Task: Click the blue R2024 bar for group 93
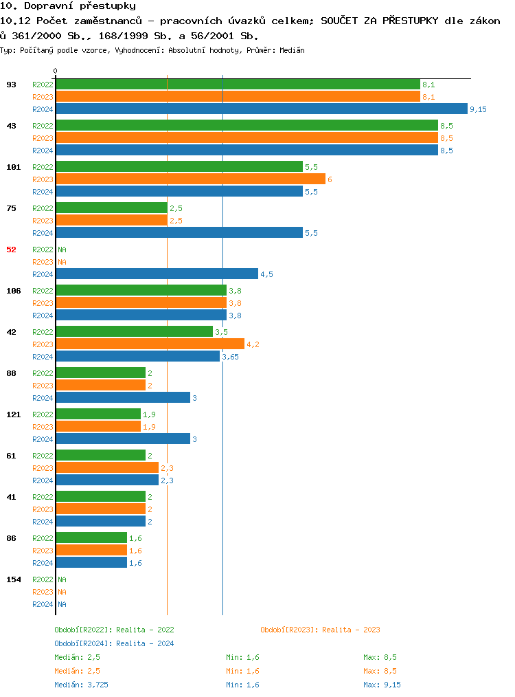[x=261, y=109]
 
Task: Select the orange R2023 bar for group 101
[x=190, y=179]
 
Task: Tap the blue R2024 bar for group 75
[x=179, y=232]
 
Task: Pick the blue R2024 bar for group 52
[x=157, y=274]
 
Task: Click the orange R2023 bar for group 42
[x=150, y=344]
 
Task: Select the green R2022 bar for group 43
[x=247, y=125]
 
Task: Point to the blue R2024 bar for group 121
[x=123, y=439]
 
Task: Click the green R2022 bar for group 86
[x=91, y=538]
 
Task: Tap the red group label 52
[x=11, y=250]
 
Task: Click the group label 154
[x=14, y=579]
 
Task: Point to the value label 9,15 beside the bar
[x=478, y=109]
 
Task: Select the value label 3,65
[x=230, y=357]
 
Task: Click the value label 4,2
[x=253, y=344]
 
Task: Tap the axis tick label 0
[x=56, y=71]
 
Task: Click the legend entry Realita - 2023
[x=320, y=630]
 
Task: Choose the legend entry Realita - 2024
[x=114, y=643]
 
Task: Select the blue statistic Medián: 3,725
[x=81, y=685]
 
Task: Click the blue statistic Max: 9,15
[x=382, y=685]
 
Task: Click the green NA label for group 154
[x=62, y=579]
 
